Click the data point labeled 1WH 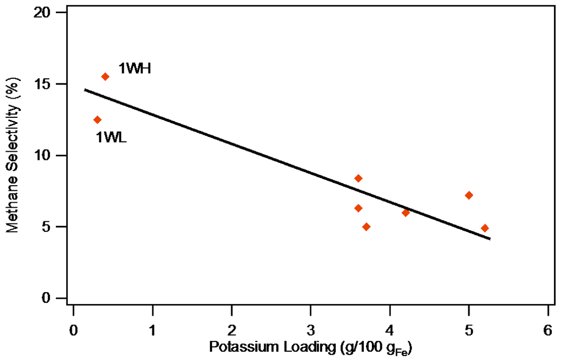coord(105,77)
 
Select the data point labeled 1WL coord(98,119)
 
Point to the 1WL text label coord(111,138)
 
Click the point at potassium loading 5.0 coord(469,195)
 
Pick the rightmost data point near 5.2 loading coord(485,228)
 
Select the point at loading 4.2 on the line coord(405,213)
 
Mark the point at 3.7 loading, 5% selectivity coord(366,227)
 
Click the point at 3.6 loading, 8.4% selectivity coord(358,178)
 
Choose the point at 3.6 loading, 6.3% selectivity coord(358,208)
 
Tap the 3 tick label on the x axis coord(311,330)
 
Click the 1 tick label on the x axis coord(152,330)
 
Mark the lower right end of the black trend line coord(490,239)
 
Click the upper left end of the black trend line coord(85,89)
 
